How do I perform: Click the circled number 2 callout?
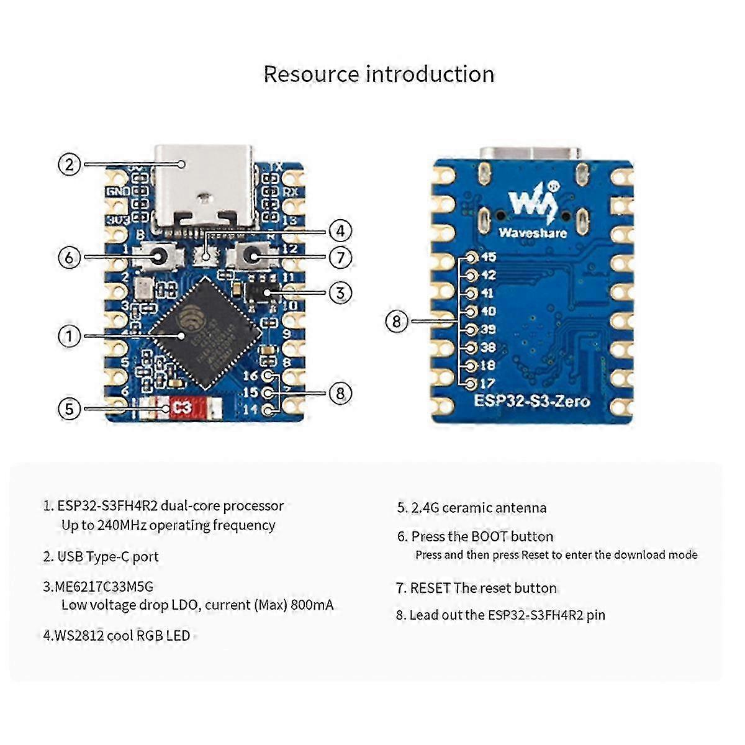70,165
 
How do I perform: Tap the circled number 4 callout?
340,231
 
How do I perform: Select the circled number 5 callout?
70,409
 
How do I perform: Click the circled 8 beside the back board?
397,321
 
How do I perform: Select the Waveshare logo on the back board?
532,211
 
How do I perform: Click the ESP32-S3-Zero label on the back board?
532,400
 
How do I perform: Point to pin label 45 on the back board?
488,257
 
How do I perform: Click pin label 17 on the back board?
487,384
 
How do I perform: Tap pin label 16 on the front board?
250,376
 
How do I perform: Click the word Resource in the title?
311,74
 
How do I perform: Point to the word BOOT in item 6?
490,536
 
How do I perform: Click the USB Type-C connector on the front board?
204,186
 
